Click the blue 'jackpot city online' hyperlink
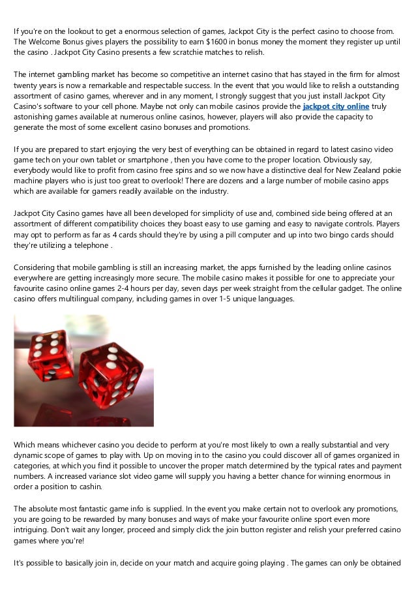click(x=336, y=106)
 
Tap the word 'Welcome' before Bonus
click(x=46, y=42)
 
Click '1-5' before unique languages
click(x=208, y=298)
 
